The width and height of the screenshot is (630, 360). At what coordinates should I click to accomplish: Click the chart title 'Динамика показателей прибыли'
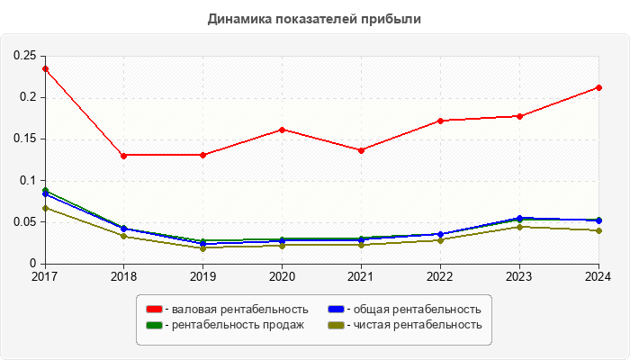[314, 18]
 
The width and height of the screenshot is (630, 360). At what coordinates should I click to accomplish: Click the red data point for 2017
[45, 68]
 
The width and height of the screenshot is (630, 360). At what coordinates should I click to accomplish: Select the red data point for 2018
[123, 155]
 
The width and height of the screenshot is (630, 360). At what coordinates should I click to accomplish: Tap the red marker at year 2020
[282, 130]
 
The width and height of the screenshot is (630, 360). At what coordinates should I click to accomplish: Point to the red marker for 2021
[361, 150]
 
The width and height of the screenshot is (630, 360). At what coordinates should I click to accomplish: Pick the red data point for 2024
[598, 87]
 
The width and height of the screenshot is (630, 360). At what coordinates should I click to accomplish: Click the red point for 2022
[440, 121]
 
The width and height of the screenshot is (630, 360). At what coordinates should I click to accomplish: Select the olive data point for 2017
[45, 208]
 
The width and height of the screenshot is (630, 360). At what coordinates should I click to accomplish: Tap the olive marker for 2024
[598, 230]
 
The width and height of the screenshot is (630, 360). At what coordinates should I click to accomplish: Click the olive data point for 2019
[202, 247]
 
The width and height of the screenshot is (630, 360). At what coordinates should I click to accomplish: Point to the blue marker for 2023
[519, 218]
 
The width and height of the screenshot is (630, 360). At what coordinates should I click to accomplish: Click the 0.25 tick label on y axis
[23, 56]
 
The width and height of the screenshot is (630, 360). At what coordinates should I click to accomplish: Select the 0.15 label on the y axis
[23, 139]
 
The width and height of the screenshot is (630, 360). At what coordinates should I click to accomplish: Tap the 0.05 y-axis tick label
[23, 222]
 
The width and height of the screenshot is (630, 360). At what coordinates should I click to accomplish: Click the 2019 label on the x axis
[202, 276]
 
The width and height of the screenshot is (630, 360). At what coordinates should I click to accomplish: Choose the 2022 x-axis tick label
[440, 276]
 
